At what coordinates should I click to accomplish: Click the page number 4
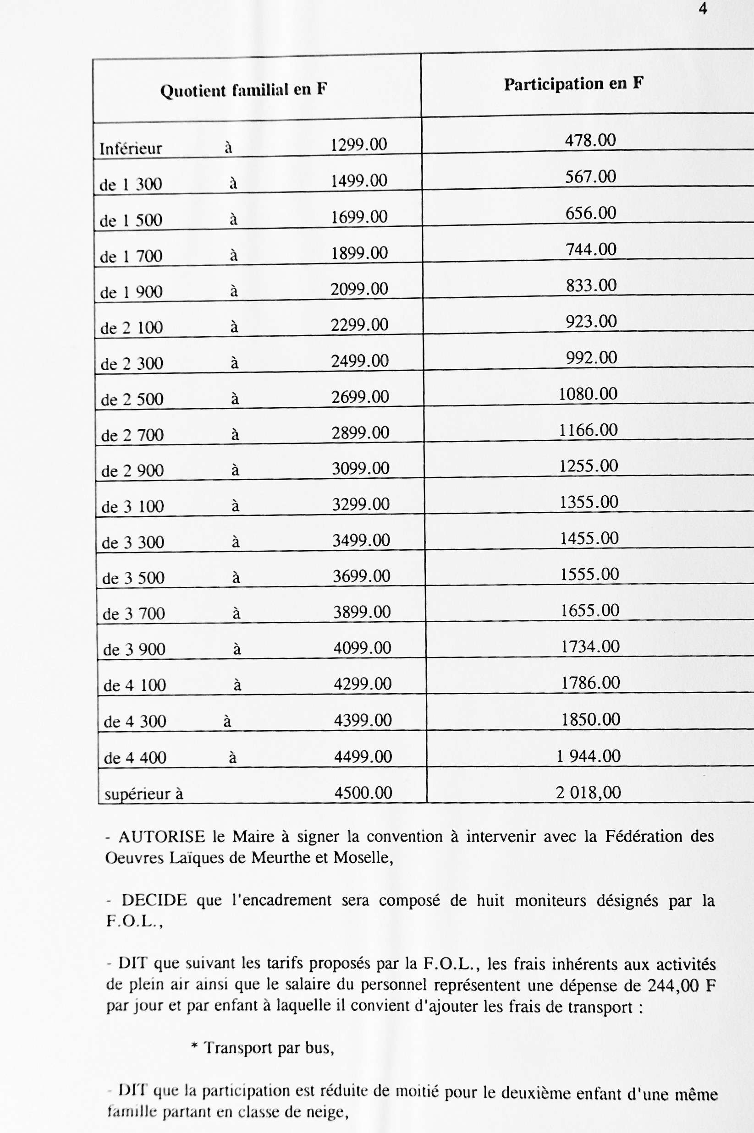click(x=703, y=9)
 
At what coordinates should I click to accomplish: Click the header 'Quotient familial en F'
click(x=243, y=90)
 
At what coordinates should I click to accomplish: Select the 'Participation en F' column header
click(x=573, y=84)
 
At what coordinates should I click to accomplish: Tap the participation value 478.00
click(x=590, y=140)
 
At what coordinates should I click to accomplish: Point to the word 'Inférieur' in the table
click(x=130, y=148)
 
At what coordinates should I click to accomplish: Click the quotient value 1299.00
click(x=359, y=144)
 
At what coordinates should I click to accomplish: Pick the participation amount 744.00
click(x=590, y=249)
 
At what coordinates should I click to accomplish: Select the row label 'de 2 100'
click(x=131, y=328)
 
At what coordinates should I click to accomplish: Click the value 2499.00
click(x=360, y=361)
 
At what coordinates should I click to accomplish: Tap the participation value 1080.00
click(x=588, y=394)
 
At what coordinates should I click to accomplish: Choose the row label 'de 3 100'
click(x=133, y=507)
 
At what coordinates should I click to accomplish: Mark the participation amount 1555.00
click(x=589, y=575)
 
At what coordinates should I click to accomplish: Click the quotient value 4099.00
click(x=362, y=648)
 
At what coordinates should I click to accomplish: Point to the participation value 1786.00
click(x=590, y=683)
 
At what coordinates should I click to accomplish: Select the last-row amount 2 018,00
click(x=588, y=792)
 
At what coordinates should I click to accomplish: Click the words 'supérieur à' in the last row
click(x=144, y=794)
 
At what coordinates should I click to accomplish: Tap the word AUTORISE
click(x=161, y=837)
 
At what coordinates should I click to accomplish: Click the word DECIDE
click(x=154, y=900)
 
